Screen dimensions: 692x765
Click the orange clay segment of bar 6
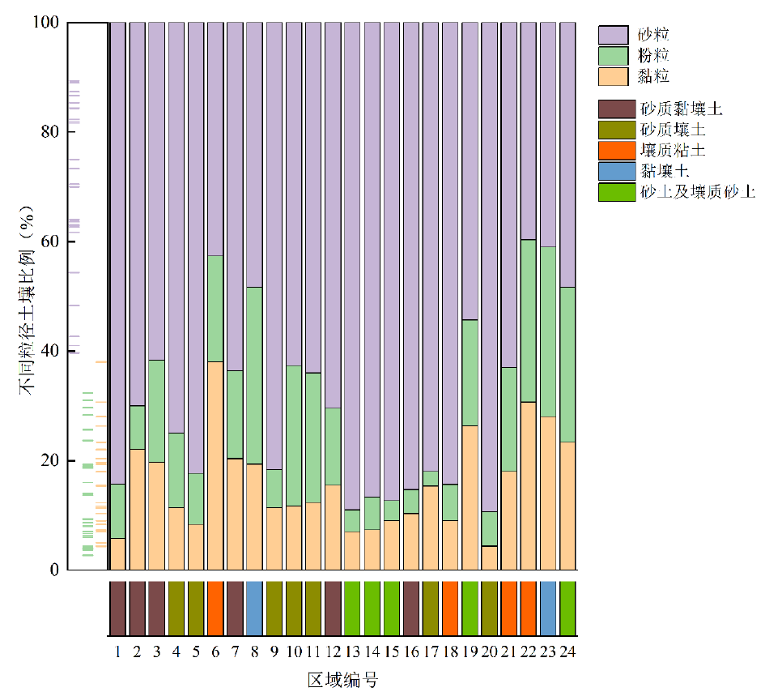215,465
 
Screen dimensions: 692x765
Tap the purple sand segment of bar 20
489,267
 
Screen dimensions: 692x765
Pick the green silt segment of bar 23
548,331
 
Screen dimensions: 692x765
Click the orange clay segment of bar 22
529,485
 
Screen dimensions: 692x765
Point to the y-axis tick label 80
49,132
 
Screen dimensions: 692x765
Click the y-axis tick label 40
49,351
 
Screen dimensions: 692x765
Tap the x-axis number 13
352,651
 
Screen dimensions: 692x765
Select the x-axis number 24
567,651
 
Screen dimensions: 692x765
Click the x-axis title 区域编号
342,679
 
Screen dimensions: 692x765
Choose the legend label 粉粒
654,56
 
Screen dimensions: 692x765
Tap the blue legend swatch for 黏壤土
615,172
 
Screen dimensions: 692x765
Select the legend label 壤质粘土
672,151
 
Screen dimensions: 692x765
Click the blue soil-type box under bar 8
254,608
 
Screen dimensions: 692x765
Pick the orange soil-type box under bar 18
450,608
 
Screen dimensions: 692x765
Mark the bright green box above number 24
567,608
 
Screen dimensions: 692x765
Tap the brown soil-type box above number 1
117,608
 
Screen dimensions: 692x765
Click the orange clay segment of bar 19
470,498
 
